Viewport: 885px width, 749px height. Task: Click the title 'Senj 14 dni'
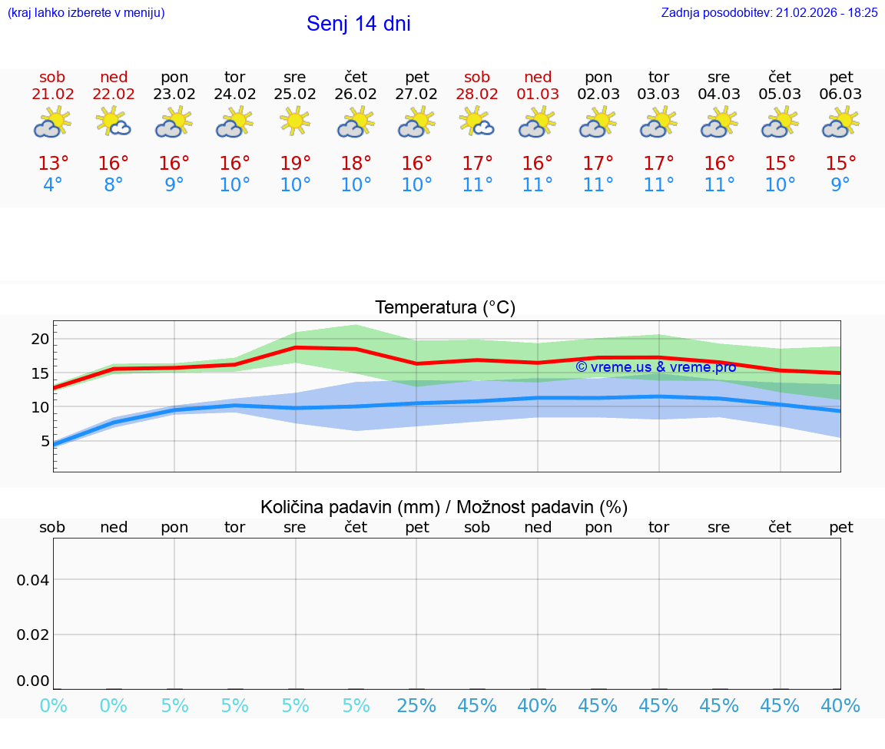tap(358, 24)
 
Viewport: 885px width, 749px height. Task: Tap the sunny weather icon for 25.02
tap(295, 121)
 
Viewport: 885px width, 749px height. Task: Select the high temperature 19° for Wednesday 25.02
tap(295, 164)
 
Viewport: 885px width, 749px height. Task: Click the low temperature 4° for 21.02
tap(52, 185)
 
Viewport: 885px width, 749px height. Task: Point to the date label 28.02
tap(477, 94)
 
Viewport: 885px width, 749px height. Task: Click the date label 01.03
tap(538, 94)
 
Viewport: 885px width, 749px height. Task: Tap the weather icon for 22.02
tap(113, 121)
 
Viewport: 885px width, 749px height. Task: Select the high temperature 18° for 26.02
tap(356, 164)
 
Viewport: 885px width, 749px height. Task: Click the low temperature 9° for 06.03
tap(841, 185)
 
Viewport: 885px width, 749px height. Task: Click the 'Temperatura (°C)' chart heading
tap(445, 308)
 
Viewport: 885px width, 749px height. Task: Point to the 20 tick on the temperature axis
tap(40, 339)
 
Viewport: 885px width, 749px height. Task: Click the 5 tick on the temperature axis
tap(45, 441)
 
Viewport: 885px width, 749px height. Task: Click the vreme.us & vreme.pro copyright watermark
tap(655, 367)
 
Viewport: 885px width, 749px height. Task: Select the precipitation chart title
tap(444, 507)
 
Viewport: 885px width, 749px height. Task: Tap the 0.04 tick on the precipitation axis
tap(33, 580)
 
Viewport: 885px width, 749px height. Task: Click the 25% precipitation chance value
tap(416, 706)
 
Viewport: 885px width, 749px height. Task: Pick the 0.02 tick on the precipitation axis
tap(33, 635)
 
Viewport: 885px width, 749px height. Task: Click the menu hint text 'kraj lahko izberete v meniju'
tap(86, 12)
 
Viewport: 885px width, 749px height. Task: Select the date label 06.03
tap(841, 94)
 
